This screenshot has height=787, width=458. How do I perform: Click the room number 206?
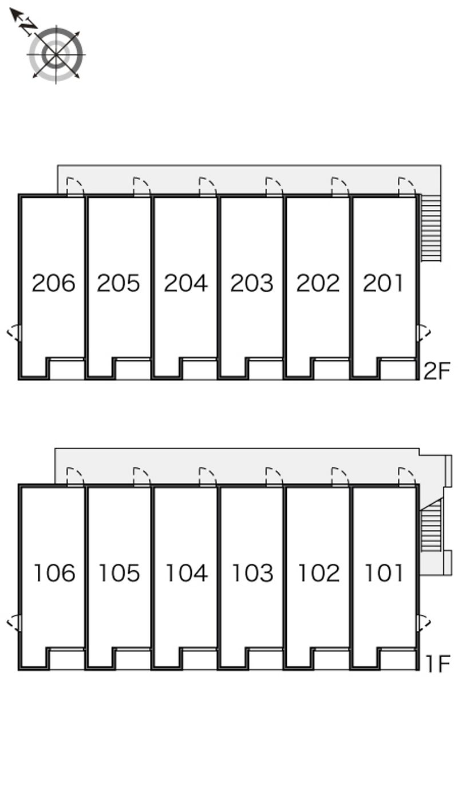53,283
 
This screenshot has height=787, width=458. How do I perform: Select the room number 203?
252,283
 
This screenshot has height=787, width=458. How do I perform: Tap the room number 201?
383,283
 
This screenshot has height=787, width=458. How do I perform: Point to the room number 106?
54,573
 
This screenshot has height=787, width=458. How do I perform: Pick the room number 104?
187,573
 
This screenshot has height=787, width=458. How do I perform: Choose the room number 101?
384,573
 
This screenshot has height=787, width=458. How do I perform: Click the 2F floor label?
437,371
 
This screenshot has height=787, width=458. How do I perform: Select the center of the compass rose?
56,55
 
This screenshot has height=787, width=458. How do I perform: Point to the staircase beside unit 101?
431,526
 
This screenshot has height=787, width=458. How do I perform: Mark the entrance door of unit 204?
208,186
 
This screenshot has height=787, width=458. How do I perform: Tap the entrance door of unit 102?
340,477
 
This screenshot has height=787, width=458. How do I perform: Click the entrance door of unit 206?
75,186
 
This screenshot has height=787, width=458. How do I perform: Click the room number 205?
119,283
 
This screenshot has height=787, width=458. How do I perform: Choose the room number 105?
120,573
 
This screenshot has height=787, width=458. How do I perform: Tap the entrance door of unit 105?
142,477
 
